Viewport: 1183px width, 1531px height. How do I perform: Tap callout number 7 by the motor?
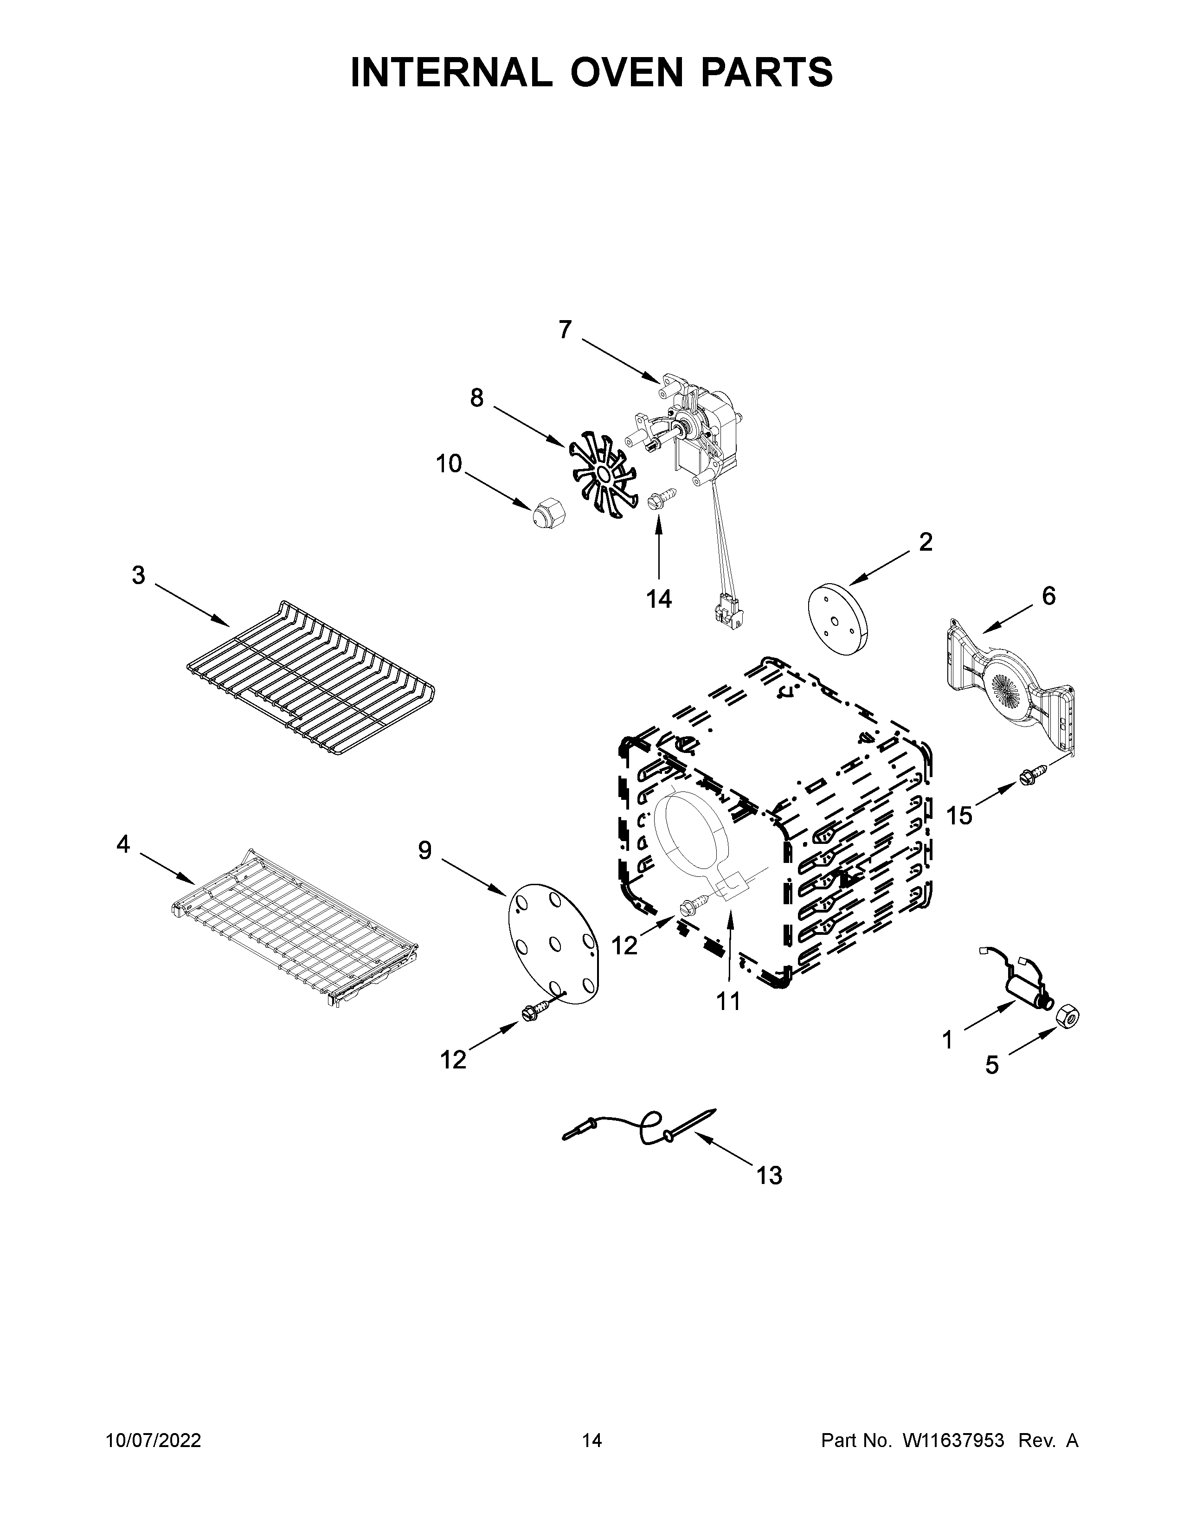565,329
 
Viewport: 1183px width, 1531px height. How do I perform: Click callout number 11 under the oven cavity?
728,1001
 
